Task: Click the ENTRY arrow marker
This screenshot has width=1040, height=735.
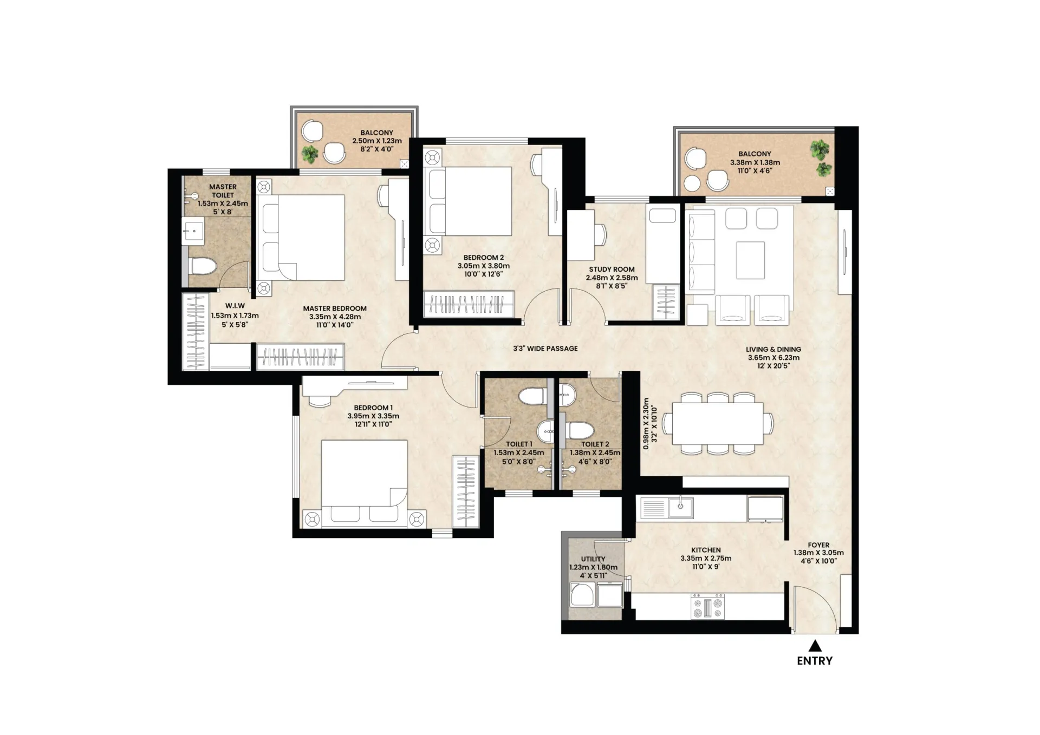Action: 815,646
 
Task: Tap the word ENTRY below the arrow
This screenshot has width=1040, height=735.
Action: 815,661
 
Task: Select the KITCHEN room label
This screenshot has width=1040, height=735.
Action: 706,550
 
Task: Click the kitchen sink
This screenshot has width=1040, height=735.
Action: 680,507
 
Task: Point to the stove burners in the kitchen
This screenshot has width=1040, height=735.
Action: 707,606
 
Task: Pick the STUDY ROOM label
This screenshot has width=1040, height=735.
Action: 612,269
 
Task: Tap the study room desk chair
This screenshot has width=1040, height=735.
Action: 600,234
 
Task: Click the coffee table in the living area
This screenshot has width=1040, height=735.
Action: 750,260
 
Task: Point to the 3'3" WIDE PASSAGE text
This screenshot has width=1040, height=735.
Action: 545,349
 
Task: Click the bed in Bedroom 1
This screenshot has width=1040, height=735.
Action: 364,483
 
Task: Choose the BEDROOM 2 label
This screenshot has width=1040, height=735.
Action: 484,258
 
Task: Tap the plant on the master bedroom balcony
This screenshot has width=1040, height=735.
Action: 310,154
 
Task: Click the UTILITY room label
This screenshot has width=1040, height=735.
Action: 593,559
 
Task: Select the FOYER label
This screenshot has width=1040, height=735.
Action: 818,545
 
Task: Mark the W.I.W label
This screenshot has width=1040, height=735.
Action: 235,306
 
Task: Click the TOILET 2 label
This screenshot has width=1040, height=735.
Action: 595,444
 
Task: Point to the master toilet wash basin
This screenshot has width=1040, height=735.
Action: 192,231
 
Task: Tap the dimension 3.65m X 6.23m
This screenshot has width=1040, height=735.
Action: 773,358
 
